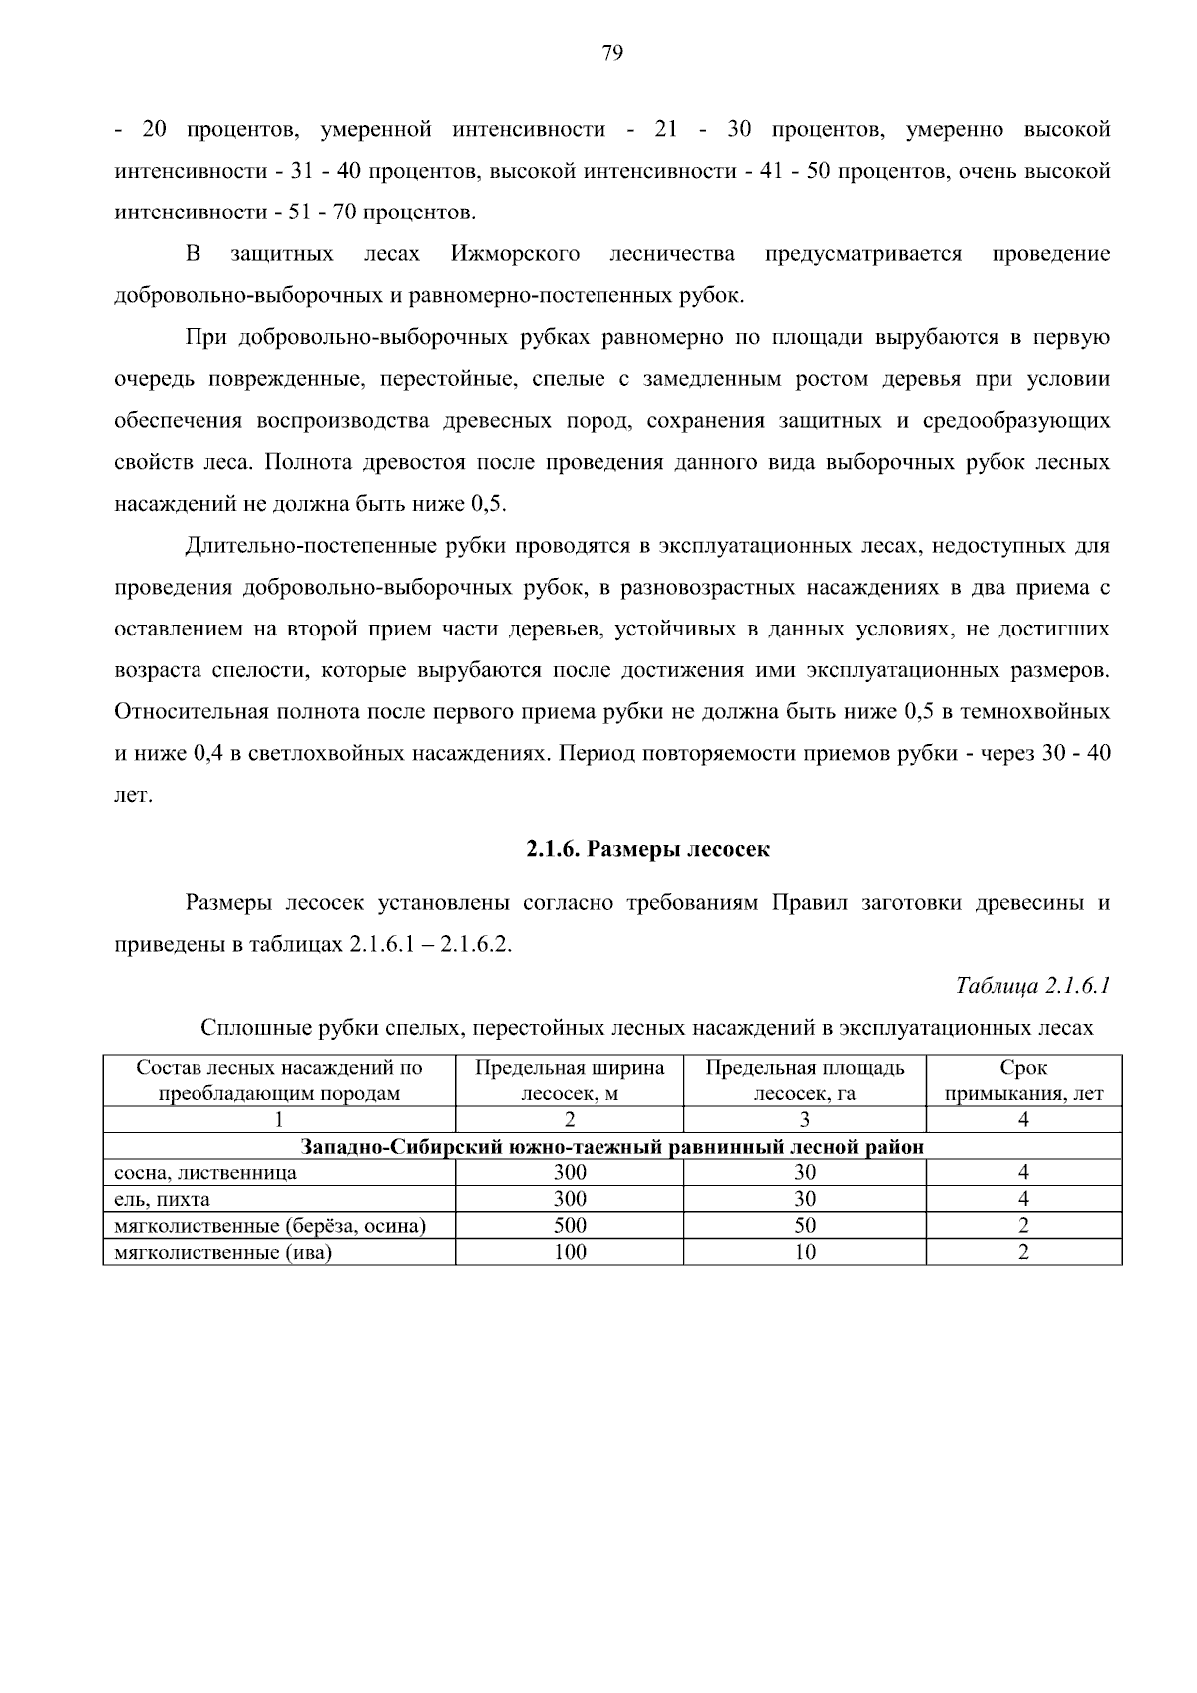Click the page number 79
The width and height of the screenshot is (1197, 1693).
[x=612, y=54]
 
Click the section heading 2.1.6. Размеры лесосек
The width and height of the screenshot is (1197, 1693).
[x=648, y=849]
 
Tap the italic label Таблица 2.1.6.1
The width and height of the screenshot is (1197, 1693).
[x=1033, y=986]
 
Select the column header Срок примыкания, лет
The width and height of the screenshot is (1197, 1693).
[x=1023, y=1080]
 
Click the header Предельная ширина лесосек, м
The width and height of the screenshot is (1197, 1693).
[x=570, y=1080]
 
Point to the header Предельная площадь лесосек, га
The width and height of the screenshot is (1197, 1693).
[x=805, y=1080]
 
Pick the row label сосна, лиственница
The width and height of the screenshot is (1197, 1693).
[x=205, y=1173]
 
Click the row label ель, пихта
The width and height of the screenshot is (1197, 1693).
[x=163, y=1199]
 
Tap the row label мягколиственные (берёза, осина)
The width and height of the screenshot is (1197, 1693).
[x=270, y=1226]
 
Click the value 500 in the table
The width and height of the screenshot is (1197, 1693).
[x=570, y=1226]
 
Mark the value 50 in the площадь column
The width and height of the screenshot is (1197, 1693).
[x=805, y=1226]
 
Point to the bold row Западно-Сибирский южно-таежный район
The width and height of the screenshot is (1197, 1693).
[x=612, y=1147]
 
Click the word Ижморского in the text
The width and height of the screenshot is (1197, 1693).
[x=515, y=254]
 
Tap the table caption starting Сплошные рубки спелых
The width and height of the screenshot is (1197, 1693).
[x=647, y=1028]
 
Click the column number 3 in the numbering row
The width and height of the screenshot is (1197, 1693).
[x=805, y=1120]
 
